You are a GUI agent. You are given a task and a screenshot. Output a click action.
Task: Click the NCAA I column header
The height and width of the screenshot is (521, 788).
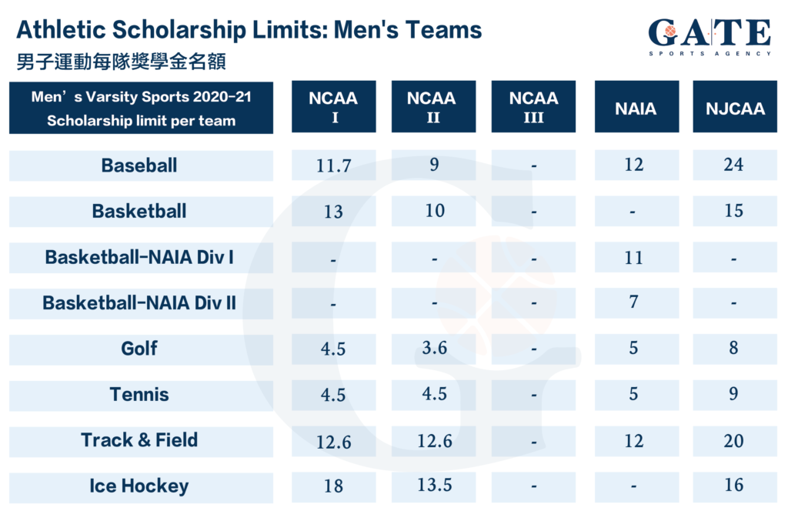333,107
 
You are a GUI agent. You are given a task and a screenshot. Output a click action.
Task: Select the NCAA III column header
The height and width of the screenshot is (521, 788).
533,107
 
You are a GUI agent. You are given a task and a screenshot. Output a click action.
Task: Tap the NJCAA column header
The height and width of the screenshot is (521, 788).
735,108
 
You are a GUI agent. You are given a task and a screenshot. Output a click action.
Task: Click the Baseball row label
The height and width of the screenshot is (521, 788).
139,165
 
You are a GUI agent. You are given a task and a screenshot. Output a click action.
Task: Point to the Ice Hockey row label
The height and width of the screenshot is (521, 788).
139,486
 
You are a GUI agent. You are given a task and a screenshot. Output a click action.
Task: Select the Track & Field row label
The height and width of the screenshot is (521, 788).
139,440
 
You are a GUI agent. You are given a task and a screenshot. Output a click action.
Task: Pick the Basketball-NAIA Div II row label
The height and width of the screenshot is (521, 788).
139,303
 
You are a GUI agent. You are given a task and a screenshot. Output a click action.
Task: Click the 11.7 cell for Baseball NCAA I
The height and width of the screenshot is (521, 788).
333,165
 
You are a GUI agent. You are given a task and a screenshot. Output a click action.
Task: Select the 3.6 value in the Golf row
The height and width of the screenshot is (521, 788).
435,348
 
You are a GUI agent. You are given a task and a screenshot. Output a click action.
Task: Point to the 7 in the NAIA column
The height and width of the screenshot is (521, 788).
633,302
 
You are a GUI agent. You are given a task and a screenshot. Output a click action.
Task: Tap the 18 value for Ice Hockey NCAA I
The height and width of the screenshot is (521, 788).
333,486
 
